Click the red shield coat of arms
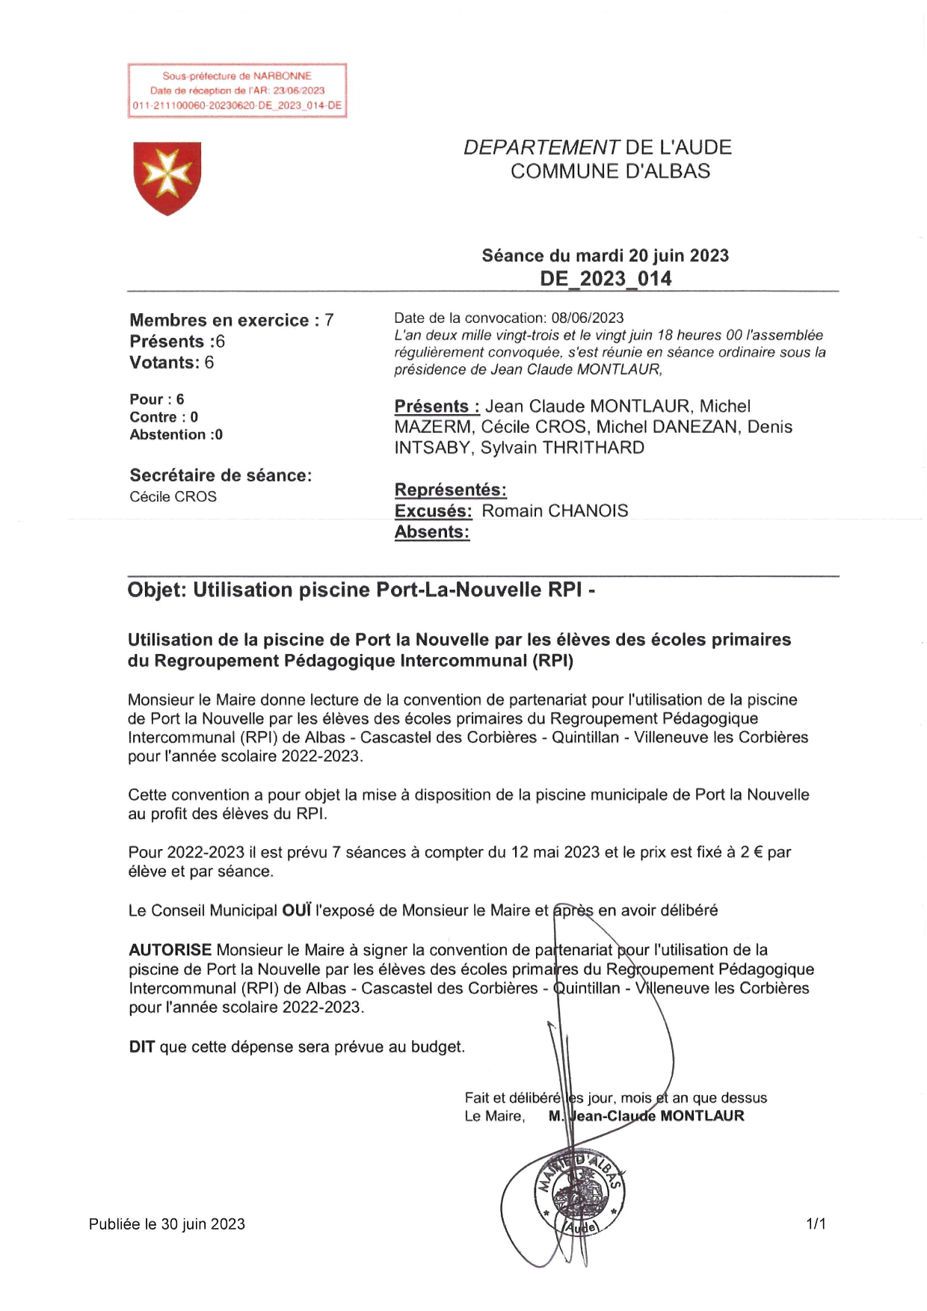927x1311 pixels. (167, 178)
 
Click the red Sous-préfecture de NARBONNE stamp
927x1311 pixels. (237, 90)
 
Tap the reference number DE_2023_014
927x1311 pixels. (606, 279)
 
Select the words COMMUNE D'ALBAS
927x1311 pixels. (610, 171)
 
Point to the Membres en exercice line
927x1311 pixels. (231, 320)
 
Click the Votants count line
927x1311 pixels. (171, 363)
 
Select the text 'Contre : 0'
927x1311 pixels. (164, 417)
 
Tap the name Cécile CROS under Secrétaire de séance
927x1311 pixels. (173, 496)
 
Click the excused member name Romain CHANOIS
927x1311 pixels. (555, 511)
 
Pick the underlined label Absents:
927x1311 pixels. (432, 532)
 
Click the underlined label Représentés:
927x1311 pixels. (450, 490)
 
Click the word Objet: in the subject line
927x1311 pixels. (156, 590)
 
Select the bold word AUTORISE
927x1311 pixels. (170, 950)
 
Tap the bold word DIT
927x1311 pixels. (141, 1046)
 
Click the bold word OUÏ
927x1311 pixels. (296, 910)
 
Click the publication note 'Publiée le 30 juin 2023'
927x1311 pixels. (167, 1224)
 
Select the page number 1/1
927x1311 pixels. (816, 1224)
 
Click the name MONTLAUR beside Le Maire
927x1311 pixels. (702, 1116)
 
